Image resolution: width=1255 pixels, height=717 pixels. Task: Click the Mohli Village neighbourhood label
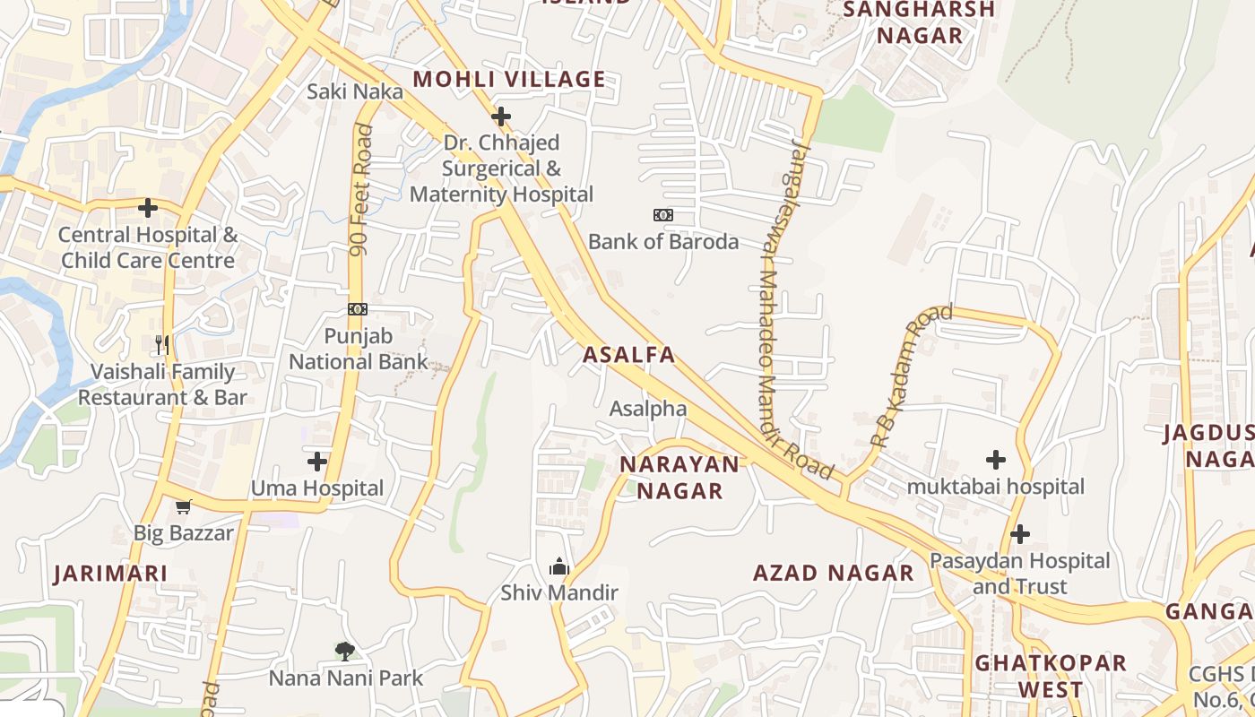(x=508, y=79)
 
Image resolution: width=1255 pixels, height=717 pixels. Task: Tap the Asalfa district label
(x=628, y=354)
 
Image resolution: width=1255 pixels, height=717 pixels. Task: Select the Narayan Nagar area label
(x=680, y=477)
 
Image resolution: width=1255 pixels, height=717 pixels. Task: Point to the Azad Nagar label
(x=834, y=573)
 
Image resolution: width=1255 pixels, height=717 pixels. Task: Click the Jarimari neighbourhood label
(x=110, y=574)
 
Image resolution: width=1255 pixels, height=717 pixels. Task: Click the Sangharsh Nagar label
(x=920, y=22)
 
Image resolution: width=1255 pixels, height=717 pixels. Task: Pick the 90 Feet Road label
(x=361, y=190)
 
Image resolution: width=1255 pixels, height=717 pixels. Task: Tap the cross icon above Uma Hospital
(x=316, y=462)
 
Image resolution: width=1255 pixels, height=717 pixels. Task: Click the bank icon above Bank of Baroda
(x=663, y=215)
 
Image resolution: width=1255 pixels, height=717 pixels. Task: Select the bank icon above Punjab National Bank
(x=358, y=309)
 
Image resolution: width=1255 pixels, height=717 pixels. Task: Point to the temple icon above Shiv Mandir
(x=559, y=566)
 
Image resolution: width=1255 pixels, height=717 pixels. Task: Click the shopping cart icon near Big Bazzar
(x=184, y=507)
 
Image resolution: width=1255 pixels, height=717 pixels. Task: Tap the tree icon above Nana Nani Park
(x=345, y=651)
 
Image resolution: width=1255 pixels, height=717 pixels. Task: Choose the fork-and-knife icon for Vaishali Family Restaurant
(x=162, y=345)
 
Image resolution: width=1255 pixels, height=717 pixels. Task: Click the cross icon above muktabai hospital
(x=995, y=460)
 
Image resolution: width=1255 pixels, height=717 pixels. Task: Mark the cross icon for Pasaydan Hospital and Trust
(x=1019, y=534)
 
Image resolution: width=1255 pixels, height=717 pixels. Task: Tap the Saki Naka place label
(x=355, y=91)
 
